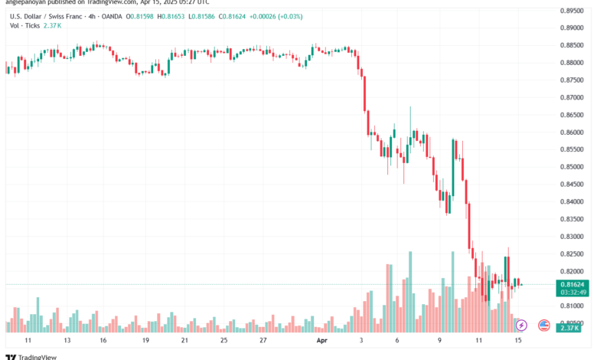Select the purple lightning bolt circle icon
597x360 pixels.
523,326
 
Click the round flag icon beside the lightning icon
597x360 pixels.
544,326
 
